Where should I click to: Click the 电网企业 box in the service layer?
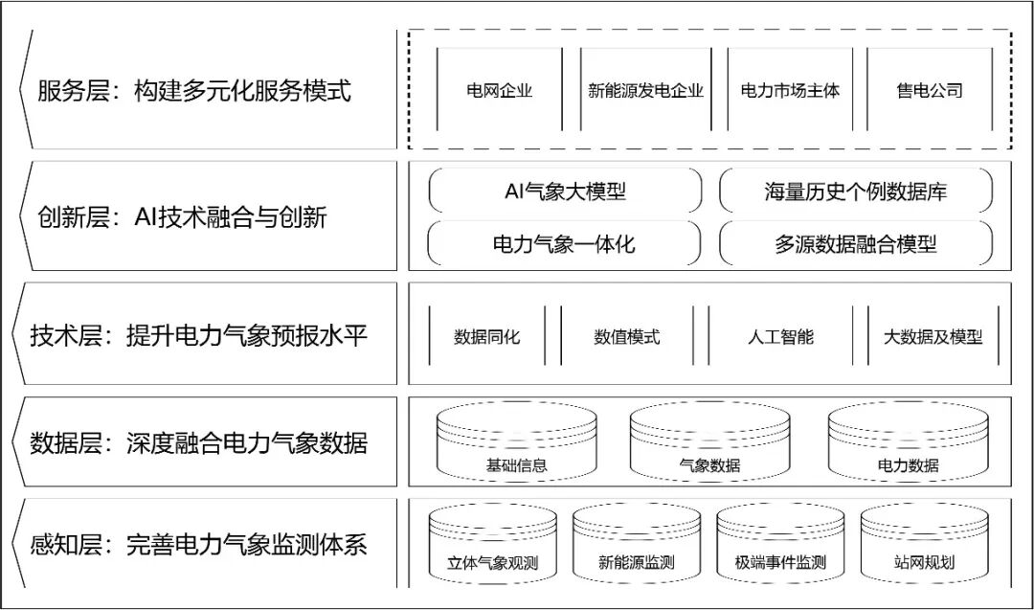pyautogui.click(x=499, y=91)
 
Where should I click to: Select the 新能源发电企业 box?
pyautogui.click(x=645, y=91)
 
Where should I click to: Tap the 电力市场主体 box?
pyautogui.click(x=790, y=91)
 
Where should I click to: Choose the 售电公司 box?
pyautogui.click(x=929, y=91)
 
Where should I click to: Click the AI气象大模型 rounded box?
pyautogui.click(x=565, y=191)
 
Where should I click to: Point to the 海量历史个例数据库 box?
pyautogui.click(x=855, y=191)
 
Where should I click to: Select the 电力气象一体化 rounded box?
pyautogui.click(x=565, y=243)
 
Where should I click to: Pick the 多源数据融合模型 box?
pyautogui.click(x=855, y=243)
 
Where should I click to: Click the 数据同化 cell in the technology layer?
pyautogui.click(x=487, y=336)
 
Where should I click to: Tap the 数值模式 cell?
pyautogui.click(x=627, y=336)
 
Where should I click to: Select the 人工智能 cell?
pyautogui.click(x=780, y=336)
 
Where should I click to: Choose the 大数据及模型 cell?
pyautogui.click(x=933, y=336)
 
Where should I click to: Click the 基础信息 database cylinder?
pyautogui.click(x=517, y=442)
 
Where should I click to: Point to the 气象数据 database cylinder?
pyautogui.click(x=709, y=442)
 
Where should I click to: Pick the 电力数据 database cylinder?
pyautogui.click(x=908, y=442)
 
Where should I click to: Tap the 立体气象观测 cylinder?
pyautogui.click(x=493, y=545)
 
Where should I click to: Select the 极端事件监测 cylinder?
pyautogui.click(x=780, y=545)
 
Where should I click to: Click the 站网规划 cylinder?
pyautogui.click(x=923, y=545)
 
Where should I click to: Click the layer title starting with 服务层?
pyautogui.click(x=194, y=91)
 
